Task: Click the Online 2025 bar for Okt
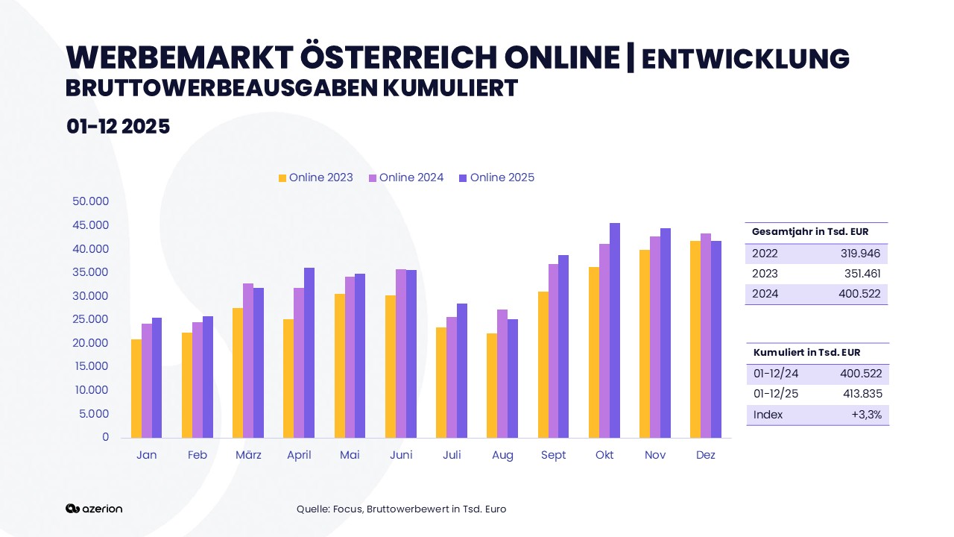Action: coord(615,330)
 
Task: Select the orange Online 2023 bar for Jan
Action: coord(136,388)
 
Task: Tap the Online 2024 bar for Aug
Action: coord(502,373)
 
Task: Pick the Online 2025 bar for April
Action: coord(309,352)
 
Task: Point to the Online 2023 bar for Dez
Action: coord(695,339)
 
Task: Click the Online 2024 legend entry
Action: coord(406,178)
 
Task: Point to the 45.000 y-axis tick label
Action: coord(91,225)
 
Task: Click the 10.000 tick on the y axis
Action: coord(91,390)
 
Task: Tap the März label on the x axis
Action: coord(248,455)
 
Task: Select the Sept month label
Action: coord(554,455)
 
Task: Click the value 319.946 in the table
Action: coord(860,254)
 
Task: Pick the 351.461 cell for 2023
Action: coord(862,274)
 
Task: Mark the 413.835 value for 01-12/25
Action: coord(862,394)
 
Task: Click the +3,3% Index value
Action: coord(866,415)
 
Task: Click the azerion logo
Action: coord(94,509)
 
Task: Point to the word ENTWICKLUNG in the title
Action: coord(745,59)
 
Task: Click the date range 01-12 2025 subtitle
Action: coord(118,126)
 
